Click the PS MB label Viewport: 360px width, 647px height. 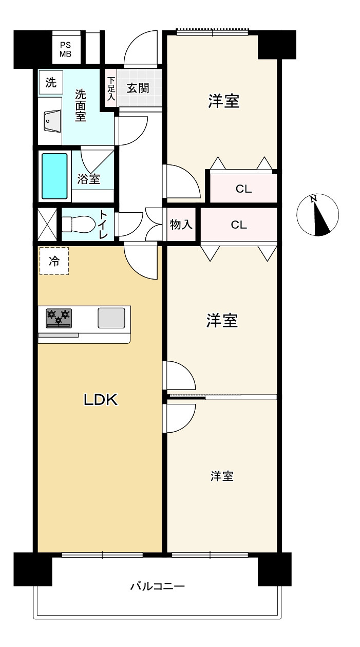66,50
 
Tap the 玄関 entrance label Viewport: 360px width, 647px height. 138,88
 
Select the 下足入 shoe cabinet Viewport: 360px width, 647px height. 110,88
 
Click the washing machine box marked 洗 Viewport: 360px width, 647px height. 51,83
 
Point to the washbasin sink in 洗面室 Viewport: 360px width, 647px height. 52,121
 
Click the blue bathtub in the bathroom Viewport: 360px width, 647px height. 54,176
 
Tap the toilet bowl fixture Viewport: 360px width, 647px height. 78,224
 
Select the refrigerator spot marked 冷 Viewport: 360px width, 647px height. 54,261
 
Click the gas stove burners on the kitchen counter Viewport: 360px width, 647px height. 59,318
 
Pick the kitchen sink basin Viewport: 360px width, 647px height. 111,318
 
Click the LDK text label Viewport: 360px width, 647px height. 101,400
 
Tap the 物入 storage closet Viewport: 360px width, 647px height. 181,225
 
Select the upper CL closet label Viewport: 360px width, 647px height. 243,189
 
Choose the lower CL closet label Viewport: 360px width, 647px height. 239,225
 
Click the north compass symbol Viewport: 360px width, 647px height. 317,215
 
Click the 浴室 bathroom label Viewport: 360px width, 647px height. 89,179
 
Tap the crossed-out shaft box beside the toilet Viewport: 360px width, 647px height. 47,225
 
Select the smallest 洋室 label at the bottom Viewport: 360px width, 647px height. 222,476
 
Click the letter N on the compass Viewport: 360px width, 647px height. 313,199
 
